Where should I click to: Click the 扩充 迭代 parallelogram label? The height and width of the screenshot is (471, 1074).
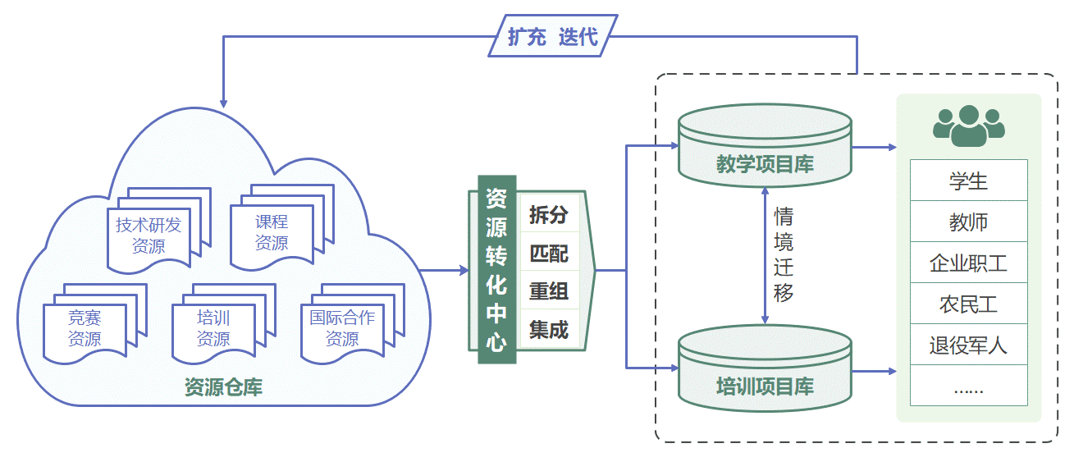click(552, 37)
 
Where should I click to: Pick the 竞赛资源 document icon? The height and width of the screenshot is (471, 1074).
click(85, 329)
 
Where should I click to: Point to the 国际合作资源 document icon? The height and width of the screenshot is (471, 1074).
click(342, 328)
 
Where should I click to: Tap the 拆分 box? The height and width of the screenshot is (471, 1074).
click(549, 215)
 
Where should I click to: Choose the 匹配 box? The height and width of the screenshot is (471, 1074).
click(549, 254)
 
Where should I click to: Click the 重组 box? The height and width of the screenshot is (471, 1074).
click(549, 291)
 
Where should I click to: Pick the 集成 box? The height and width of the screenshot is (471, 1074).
click(549, 329)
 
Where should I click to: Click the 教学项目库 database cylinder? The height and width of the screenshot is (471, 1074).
click(765, 152)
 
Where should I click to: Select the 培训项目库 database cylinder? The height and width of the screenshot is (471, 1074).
click(765, 373)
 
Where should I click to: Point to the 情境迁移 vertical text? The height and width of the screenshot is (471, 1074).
click(784, 255)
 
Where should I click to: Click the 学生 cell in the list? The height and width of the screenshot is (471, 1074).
click(968, 181)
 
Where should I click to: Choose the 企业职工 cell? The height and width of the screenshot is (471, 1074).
click(968, 263)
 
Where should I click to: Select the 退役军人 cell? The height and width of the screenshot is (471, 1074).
click(968, 345)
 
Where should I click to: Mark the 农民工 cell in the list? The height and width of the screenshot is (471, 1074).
click(968, 304)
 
